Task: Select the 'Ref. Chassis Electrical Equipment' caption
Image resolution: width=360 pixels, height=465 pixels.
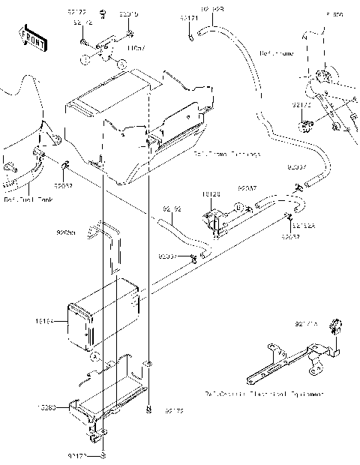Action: pos(263,393)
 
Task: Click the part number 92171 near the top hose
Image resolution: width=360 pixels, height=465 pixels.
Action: pos(189,16)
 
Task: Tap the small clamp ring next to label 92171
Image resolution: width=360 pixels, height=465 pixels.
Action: pos(192,34)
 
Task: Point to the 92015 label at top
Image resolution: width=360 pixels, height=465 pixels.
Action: pos(128,14)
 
